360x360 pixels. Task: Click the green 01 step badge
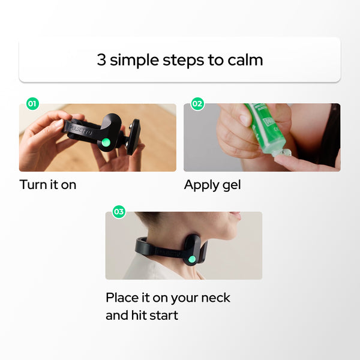pyautogui.click(x=32, y=104)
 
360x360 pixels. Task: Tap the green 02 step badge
pyautogui.click(x=197, y=104)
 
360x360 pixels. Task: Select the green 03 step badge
pyautogui.click(x=119, y=211)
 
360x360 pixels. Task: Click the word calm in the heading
pyautogui.click(x=245, y=60)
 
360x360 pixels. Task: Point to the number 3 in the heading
pyautogui.click(x=101, y=60)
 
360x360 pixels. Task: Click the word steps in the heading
pyautogui.click(x=183, y=61)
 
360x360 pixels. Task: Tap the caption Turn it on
pyautogui.click(x=48, y=185)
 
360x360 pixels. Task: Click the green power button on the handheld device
pyautogui.click(x=106, y=142)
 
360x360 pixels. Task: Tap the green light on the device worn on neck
pyautogui.click(x=192, y=260)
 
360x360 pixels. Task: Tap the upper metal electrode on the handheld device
pyautogui.click(x=131, y=126)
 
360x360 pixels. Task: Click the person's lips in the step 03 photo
pyautogui.click(x=236, y=215)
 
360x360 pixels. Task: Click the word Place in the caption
pyautogui.click(x=122, y=298)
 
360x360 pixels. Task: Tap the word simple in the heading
pyautogui.click(x=134, y=61)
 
